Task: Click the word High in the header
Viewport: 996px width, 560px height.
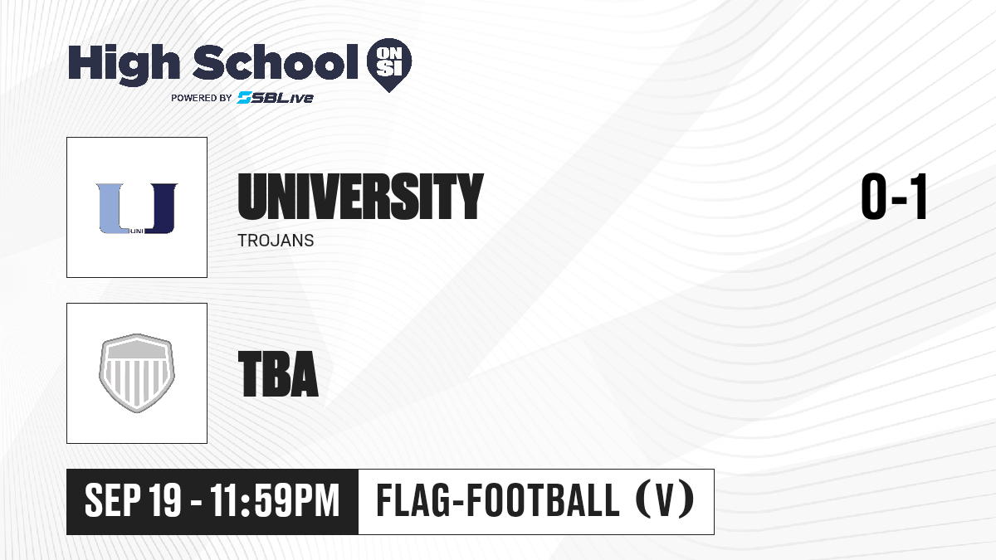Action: coord(124,65)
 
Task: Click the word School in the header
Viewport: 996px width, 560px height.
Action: coord(276,62)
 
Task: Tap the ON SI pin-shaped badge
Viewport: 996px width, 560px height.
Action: coord(389,65)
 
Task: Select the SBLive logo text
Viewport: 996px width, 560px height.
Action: coord(276,98)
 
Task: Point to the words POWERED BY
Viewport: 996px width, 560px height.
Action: coord(202,98)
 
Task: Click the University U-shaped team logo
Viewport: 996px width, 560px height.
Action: coord(137,208)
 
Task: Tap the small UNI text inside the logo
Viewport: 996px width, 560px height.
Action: coord(137,231)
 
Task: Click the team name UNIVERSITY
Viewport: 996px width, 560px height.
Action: coord(360,197)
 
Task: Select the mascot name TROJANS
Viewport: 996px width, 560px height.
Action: coord(276,241)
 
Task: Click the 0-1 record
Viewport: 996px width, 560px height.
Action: coord(894,197)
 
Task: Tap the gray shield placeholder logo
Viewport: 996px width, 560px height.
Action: coord(137,373)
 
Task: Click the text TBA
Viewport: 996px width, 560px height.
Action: coord(278,374)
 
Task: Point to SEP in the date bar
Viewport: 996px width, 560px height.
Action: coord(113,500)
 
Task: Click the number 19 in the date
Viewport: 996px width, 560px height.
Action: coord(164,500)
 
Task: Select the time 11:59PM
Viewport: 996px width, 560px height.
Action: coord(275,500)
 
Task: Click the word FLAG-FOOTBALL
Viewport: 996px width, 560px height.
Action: coord(498,500)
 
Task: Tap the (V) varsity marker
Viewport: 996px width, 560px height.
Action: coord(665,500)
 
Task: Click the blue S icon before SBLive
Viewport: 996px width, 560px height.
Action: coord(245,98)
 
